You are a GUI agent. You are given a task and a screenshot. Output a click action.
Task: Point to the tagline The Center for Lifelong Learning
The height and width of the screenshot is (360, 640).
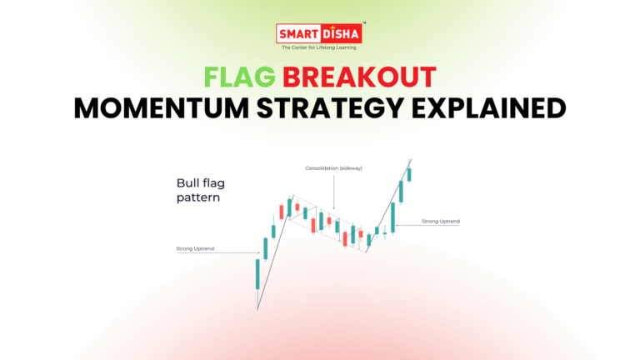coord(320,47)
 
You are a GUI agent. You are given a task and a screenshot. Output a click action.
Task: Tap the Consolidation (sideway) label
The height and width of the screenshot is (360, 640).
coord(332,169)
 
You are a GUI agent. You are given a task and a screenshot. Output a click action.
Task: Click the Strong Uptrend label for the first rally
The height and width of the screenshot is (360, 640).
coord(195,249)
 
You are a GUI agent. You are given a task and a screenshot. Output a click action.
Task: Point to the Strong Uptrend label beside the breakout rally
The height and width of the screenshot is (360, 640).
coord(441,221)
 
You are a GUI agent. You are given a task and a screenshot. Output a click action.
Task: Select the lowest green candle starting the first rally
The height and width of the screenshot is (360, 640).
coord(257,274)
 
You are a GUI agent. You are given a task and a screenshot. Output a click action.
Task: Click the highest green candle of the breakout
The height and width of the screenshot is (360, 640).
coord(409,173)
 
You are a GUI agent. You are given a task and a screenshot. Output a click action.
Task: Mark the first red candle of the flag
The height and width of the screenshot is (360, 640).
coord(282,212)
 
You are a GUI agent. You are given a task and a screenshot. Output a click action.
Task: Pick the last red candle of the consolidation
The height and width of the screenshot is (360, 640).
coord(360,234)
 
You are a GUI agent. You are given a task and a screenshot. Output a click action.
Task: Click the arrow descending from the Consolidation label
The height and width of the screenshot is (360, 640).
coord(333,192)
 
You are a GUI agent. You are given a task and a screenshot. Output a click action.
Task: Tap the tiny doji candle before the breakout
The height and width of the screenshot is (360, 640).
coord(384,232)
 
